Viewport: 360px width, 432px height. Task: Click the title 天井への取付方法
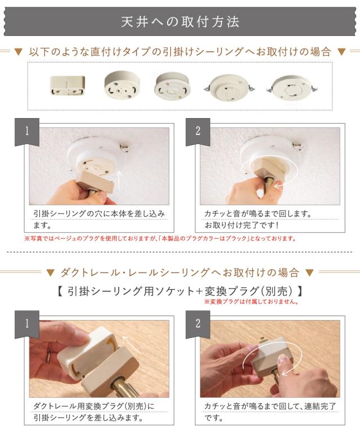(x=180, y=22)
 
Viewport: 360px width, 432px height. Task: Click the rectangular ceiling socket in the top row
(x=67, y=85)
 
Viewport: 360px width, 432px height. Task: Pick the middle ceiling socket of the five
(x=173, y=85)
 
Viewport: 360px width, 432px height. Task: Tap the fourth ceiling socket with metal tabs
(x=229, y=88)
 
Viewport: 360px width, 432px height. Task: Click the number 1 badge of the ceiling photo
(x=27, y=131)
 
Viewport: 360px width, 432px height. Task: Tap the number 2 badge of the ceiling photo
(x=198, y=131)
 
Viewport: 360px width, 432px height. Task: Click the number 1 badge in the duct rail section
(x=27, y=323)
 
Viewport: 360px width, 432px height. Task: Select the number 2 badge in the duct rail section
(x=198, y=323)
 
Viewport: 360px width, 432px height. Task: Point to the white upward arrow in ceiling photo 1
(x=119, y=180)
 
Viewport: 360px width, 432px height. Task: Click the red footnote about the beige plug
(x=160, y=238)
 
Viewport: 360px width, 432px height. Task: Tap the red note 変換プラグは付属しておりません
(x=251, y=301)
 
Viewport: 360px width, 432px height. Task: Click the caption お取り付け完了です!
(x=241, y=226)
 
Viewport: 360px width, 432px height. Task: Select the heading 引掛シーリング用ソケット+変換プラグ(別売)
(x=180, y=291)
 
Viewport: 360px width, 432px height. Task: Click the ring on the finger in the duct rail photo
(x=48, y=357)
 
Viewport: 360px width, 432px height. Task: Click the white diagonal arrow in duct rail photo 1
(x=131, y=344)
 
